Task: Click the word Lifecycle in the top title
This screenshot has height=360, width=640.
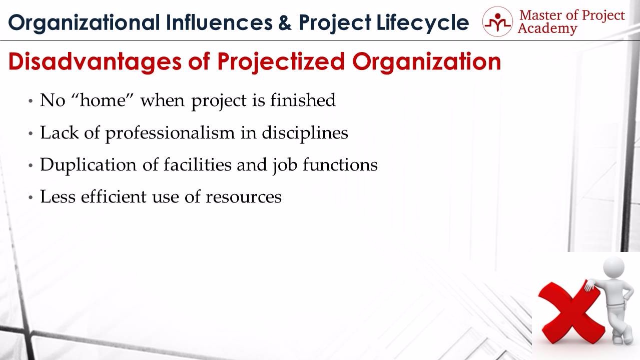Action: pos(423,23)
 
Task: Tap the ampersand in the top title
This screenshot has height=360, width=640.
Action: pos(285,22)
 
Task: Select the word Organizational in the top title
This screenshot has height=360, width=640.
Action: pos(84,23)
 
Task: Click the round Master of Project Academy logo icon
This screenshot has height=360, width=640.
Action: pos(497,21)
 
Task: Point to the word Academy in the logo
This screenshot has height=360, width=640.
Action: pos(547,29)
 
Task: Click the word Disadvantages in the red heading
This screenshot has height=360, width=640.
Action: pos(95,62)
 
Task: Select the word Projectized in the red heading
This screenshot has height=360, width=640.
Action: pos(281,62)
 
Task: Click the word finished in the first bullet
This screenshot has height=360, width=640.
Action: pos(303,100)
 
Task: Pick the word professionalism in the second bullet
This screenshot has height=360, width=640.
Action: pos(170,133)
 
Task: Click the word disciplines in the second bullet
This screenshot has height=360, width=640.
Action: pos(305,133)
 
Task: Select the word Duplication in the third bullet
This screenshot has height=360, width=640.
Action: pos(88,165)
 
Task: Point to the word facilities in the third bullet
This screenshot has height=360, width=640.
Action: pos(198,164)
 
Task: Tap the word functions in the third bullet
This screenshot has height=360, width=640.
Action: pos(340,164)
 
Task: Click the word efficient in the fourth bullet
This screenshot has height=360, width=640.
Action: pos(114,196)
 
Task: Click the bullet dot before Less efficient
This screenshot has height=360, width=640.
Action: pos(31,197)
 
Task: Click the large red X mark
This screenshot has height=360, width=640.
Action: pos(571,313)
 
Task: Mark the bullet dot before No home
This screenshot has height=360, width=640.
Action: pos(31,101)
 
